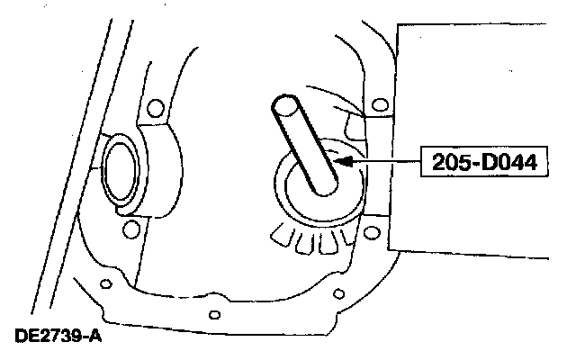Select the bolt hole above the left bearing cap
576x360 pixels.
[154, 110]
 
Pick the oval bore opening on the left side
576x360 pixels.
[115, 166]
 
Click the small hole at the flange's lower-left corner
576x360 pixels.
[105, 284]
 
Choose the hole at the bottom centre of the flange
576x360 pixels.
[214, 314]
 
